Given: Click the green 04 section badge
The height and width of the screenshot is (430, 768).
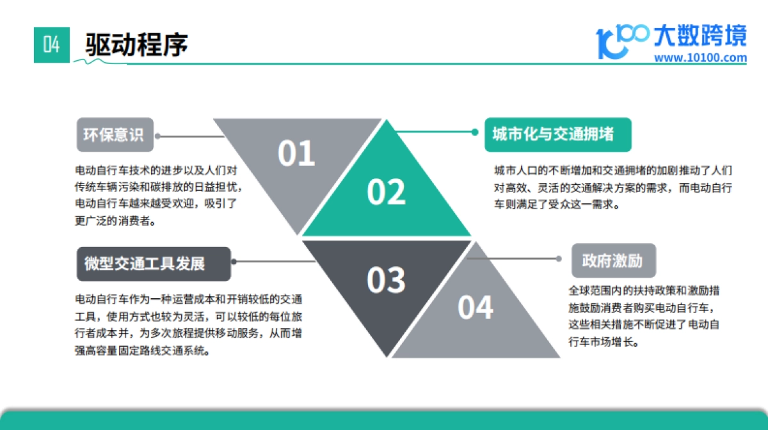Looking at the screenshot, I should (x=51, y=45).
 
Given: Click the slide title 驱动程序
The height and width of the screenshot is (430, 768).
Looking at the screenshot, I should (x=136, y=45).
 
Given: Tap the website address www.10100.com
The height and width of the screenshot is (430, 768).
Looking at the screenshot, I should (x=701, y=58).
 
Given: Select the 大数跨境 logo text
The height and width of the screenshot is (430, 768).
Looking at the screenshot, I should (x=700, y=36).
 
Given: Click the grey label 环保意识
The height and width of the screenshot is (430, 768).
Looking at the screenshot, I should (x=115, y=136).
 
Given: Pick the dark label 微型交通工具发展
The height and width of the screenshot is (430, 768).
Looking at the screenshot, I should (x=153, y=264).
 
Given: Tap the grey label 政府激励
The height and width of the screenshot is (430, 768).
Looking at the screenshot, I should (x=612, y=260).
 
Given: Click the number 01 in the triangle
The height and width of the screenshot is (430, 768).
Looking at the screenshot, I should (x=296, y=154).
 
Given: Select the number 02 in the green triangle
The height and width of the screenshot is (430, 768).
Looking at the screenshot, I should (x=386, y=192).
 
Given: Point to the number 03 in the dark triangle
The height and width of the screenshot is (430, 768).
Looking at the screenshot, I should (x=386, y=280).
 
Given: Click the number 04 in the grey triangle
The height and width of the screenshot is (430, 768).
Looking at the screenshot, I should (x=476, y=307).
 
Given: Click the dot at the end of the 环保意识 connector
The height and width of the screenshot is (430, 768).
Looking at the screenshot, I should (x=157, y=136).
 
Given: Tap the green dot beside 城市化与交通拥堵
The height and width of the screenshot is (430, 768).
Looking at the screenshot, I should (x=474, y=132).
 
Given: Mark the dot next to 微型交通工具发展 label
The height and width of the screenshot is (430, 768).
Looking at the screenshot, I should (x=234, y=262).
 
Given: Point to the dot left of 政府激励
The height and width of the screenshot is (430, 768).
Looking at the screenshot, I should (x=559, y=259).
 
